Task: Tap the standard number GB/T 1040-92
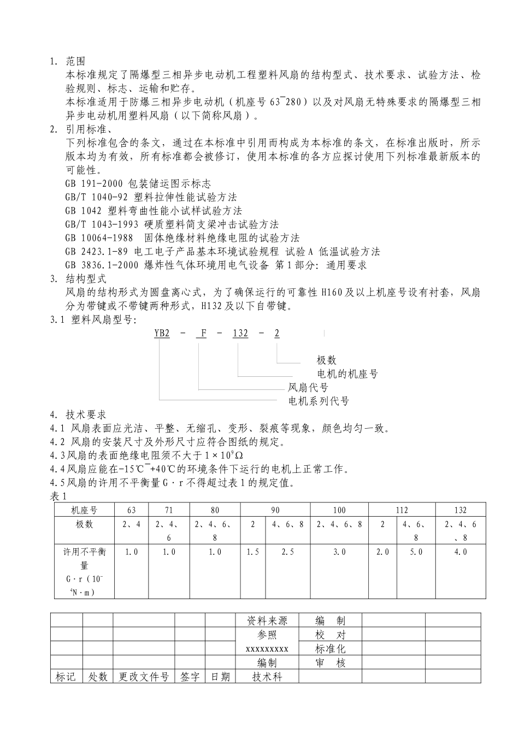(96, 197)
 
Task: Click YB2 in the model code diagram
(162, 333)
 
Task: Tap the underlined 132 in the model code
(240, 333)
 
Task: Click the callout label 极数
(327, 360)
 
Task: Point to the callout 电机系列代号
(319, 401)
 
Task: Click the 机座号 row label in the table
(84, 510)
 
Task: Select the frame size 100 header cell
(339, 510)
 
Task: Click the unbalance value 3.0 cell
(339, 552)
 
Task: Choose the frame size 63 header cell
(131, 510)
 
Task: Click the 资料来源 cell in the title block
(267, 621)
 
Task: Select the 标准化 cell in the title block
(331, 649)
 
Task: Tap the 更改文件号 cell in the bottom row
(144, 677)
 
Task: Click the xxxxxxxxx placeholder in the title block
(267, 649)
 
